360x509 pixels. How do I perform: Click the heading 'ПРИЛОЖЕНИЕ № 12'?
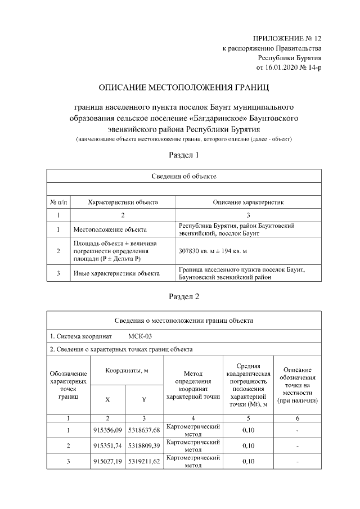pos(287,38)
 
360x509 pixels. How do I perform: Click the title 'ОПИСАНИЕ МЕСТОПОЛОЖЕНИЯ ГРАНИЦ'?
pos(184,88)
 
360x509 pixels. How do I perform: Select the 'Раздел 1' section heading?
pos(184,155)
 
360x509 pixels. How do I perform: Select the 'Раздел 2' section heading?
pos(184,296)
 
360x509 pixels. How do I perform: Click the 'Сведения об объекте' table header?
pos(184,176)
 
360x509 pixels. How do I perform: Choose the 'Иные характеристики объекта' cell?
pos(116,273)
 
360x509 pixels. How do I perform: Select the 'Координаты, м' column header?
pos(126,370)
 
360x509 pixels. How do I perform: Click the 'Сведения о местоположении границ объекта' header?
pos(184,321)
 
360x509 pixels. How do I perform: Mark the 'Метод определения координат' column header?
pos(193,384)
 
